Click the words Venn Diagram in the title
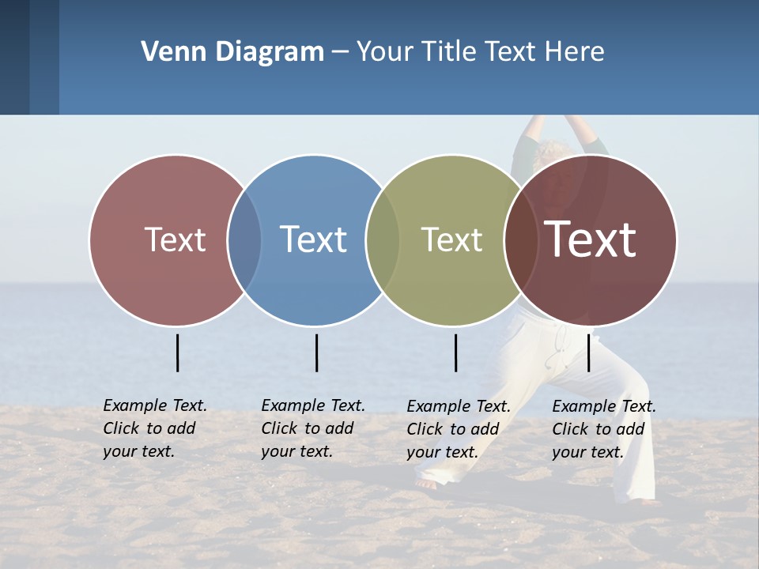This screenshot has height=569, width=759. tap(232, 52)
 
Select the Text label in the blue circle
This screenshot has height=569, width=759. tap(314, 239)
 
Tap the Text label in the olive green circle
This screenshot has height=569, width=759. tap(451, 239)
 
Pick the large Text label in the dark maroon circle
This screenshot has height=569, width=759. tap(591, 239)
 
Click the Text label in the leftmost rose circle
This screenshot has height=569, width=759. tap(175, 239)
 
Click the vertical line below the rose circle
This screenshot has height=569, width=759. tap(177, 352)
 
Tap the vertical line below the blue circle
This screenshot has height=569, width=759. tap(316, 352)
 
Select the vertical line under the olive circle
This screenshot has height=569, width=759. tap(455, 352)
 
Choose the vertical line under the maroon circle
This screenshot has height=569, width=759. tap(588, 352)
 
